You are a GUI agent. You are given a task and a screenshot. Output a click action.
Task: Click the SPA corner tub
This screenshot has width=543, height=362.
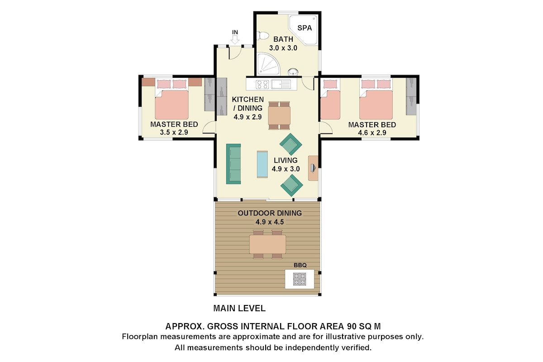304,29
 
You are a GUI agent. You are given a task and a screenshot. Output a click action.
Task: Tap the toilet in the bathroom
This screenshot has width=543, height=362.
263,36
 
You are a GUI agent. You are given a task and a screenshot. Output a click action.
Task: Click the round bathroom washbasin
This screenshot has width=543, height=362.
293,71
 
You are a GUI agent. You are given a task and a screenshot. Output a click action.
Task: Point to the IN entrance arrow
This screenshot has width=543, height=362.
235,39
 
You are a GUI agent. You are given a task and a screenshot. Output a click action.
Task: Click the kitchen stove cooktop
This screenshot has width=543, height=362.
262,84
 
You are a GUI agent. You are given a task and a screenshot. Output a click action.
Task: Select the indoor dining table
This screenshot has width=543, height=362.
279,115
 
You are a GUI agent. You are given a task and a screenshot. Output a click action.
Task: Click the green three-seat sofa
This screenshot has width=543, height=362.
233,164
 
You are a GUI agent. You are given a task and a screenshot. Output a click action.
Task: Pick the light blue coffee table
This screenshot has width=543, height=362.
262,164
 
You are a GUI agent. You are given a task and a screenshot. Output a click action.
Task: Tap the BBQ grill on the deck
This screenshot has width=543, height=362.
299,279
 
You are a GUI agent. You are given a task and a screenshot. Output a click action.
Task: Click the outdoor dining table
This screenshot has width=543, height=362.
267,244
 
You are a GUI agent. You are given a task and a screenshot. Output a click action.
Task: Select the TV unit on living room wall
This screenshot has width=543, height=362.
313,168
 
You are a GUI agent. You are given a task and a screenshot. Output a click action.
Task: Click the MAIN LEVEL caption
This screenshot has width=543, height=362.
239,309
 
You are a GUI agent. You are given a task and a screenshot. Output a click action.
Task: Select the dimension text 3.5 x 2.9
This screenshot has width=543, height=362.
174,133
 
